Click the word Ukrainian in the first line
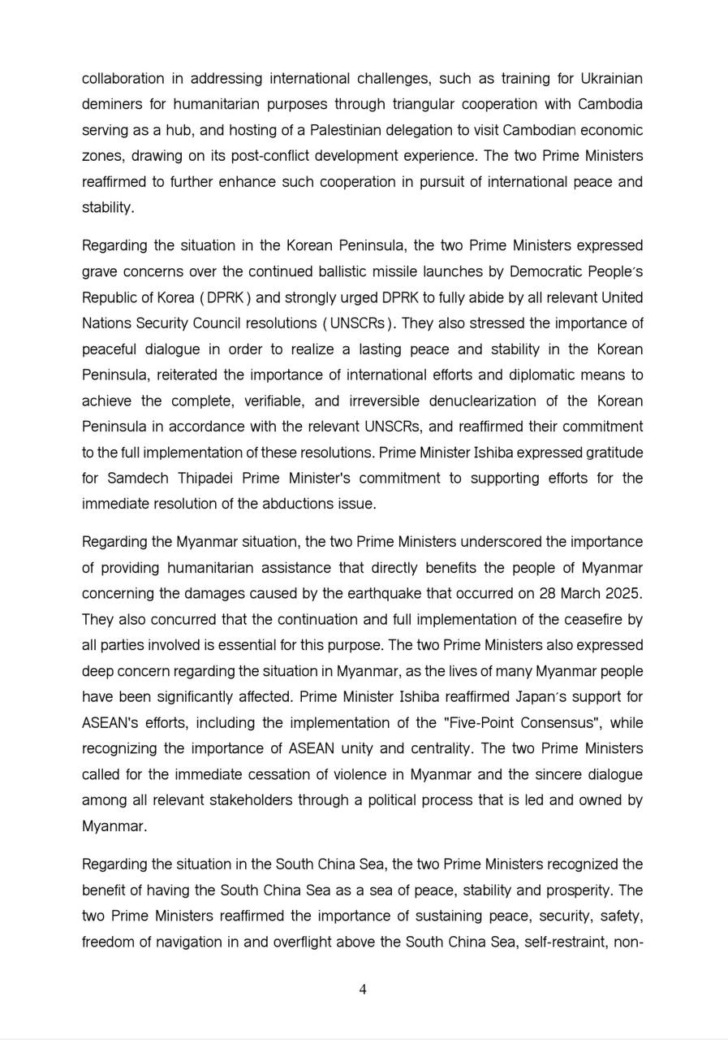coord(611,79)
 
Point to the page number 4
coord(363,990)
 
